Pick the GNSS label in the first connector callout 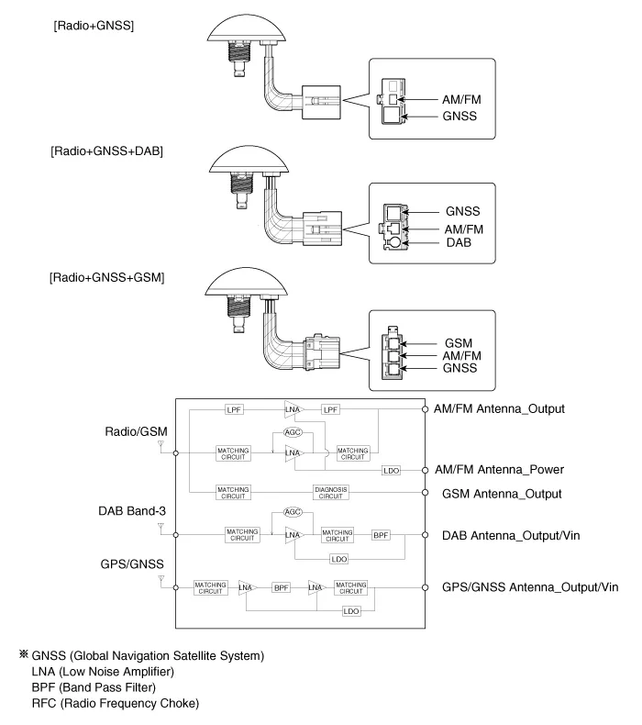click(x=462, y=117)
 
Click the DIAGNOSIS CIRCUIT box click(x=331, y=493)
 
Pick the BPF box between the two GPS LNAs click(x=281, y=586)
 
